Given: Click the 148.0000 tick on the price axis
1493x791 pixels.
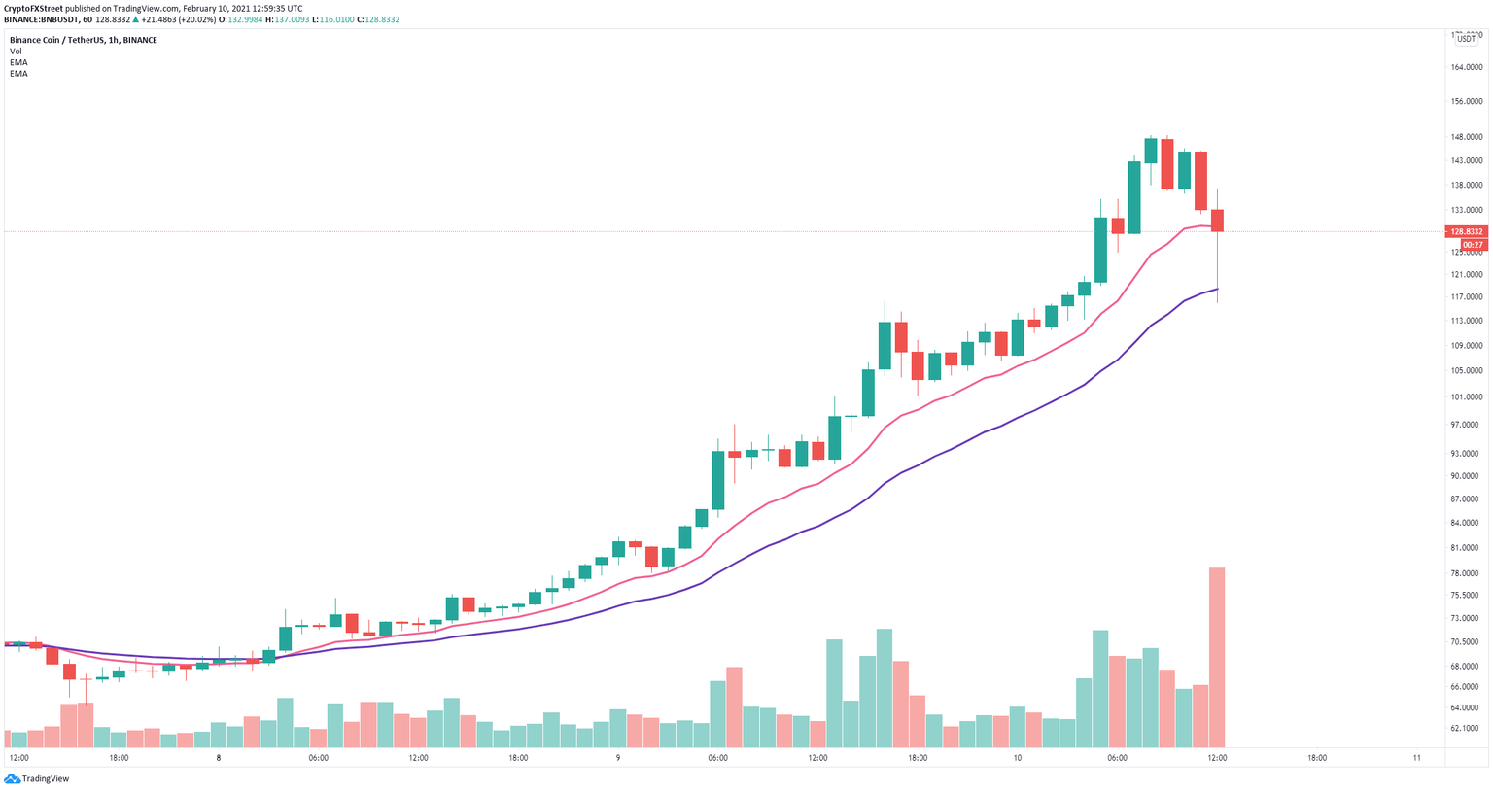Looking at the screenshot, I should click(1466, 137).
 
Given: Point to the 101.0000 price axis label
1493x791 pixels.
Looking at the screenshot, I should click(1466, 397).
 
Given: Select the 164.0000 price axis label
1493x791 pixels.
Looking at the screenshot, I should click(1466, 67).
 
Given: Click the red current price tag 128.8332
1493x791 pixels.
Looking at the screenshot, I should click(1467, 232).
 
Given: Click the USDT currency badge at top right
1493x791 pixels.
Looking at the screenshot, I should click(1466, 38).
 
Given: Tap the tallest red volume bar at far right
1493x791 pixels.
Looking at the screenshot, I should click(1216, 657).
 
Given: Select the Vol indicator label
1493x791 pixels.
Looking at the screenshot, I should click(16, 52).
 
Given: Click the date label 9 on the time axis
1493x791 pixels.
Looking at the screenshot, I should click(618, 758).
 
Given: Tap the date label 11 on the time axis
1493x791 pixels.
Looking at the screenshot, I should click(1416, 758).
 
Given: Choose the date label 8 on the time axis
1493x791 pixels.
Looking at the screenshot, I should click(219, 758).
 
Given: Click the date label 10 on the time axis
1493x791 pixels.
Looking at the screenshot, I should click(1017, 758).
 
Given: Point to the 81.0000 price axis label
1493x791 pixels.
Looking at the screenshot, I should click(1466, 548).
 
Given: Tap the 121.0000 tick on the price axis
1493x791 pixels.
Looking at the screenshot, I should click(1466, 275).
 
